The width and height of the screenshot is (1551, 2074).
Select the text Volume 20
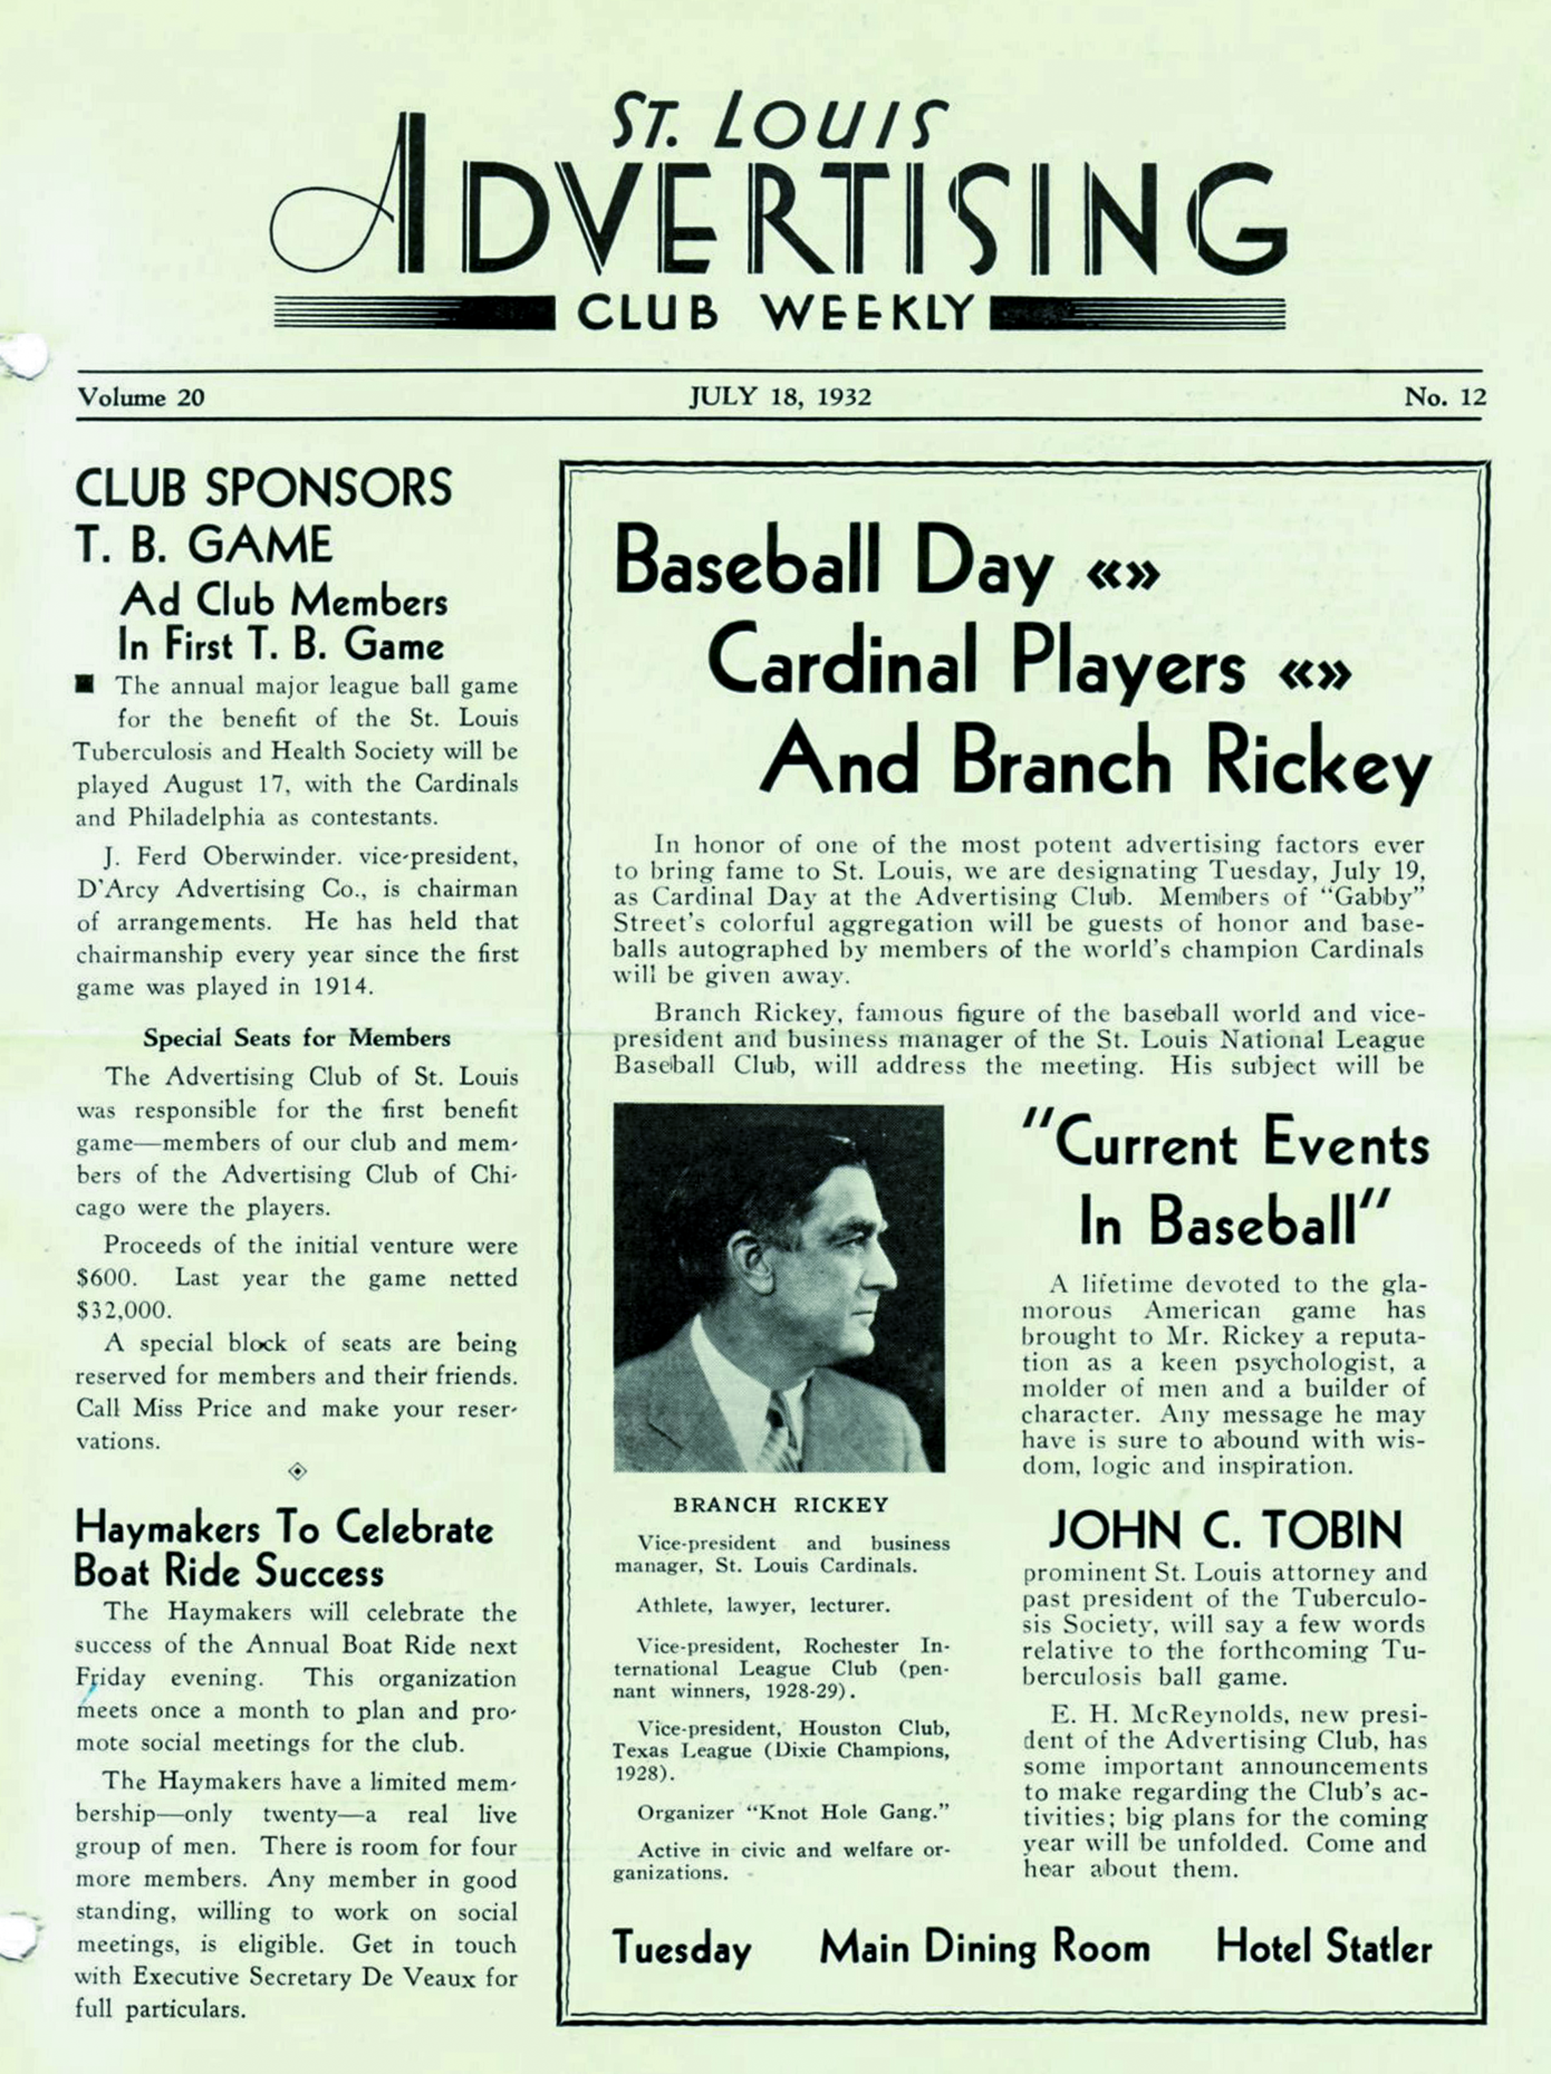point(141,398)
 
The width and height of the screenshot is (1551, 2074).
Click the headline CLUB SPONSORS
point(263,487)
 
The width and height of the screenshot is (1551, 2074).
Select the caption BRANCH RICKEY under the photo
point(780,1505)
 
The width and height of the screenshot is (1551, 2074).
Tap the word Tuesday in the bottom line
point(681,1949)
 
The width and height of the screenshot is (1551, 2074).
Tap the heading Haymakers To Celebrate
point(283,1530)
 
